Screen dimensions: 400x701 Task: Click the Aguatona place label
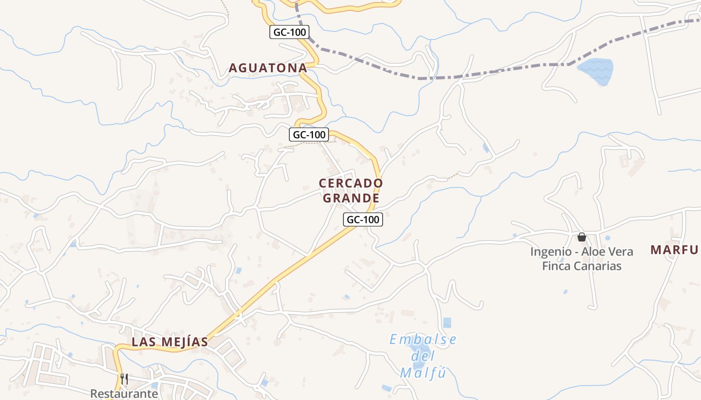point(267,68)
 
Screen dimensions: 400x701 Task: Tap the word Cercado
point(350,183)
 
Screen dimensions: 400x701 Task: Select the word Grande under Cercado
point(350,198)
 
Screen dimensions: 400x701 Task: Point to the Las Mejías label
point(169,342)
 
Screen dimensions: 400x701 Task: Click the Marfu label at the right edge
point(674,250)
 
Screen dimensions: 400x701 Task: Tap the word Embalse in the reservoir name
point(423,340)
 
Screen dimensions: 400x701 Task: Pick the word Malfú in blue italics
point(423,373)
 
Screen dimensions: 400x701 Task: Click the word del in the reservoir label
point(423,356)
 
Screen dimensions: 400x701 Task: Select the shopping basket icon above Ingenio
point(581,236)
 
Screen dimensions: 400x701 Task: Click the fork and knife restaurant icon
point(124,378)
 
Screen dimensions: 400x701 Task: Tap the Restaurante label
point(124,393)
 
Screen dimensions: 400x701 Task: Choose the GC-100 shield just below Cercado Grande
point(363,219)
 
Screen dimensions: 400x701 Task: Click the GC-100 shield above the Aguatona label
point(289,32)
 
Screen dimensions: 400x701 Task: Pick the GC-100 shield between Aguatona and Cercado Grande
point(309,134)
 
